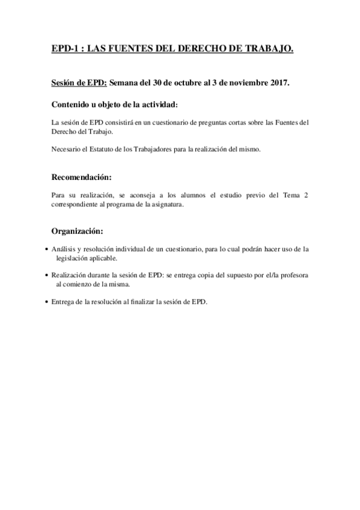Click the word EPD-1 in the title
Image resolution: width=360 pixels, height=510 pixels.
click(x=64, y=52)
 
